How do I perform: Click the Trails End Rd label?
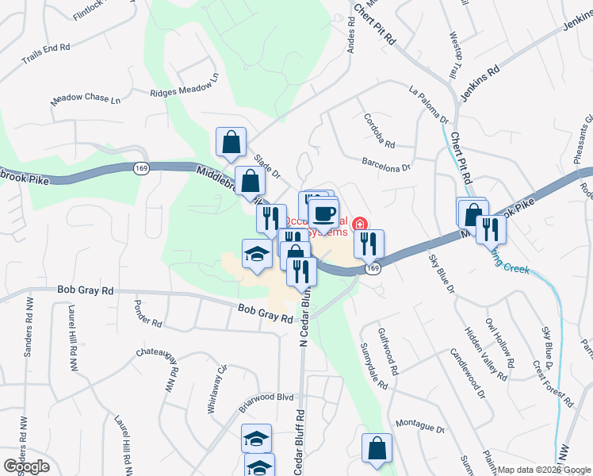[46, 53]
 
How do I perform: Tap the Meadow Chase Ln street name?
[86, 100]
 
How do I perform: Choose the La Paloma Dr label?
[429, 104]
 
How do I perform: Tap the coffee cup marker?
[324, 213]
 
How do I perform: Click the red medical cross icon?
[361, 225]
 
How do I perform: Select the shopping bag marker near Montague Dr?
[377, 448]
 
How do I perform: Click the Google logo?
[25, 466]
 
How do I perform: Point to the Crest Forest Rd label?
[553, 383]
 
